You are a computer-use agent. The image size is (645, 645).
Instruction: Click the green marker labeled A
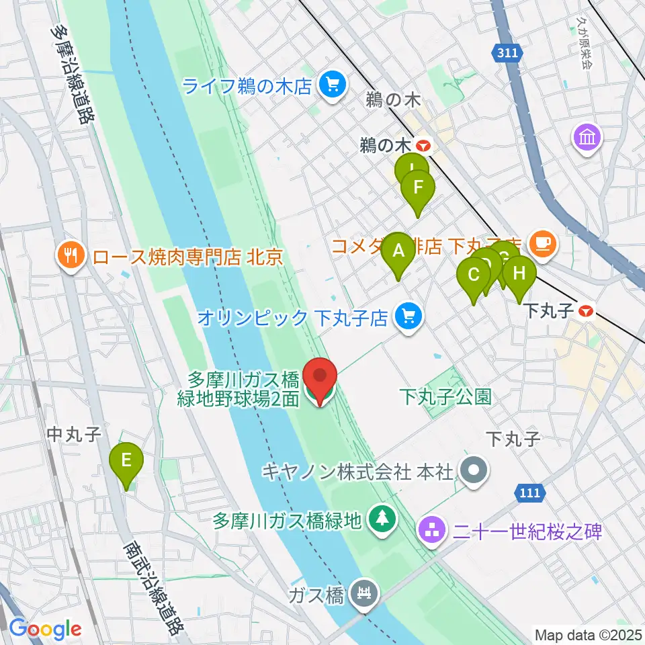[x=398, y=252]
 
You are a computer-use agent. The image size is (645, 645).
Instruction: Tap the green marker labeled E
[x=126, y=461]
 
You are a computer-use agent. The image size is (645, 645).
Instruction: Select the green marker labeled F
[x=418, y=187]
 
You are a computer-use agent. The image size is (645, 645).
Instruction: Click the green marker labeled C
[x=474, y=275]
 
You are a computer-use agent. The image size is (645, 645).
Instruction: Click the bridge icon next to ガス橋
[x=365, y=594]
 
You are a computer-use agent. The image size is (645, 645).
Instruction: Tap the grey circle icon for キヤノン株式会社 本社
[x=474, y=471]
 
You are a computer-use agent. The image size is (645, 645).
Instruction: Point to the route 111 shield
[x=530, y=493]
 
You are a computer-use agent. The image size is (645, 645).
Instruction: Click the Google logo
[x=45, y=629]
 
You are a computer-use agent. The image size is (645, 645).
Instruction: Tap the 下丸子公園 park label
[x=445, y=396]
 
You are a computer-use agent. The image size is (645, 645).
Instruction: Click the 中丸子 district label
[x=73, y=435]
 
